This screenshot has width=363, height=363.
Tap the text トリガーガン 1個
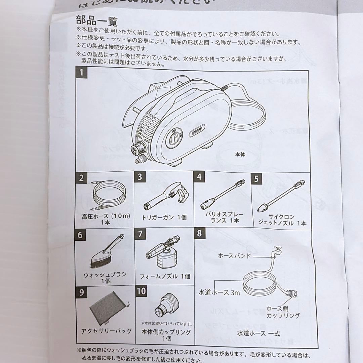click(x=164, y=217)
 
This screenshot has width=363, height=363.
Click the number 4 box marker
click(x=199, y=177)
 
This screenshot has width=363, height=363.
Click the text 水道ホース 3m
click(x=219, y=293)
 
